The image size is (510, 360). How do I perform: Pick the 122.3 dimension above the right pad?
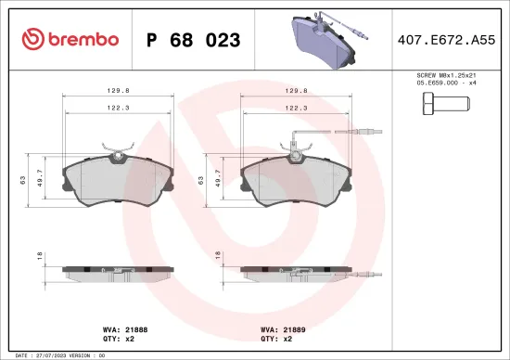point(296,109)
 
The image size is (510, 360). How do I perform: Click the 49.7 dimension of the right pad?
point(219,178)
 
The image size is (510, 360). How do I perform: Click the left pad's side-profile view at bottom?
point(118,273)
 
